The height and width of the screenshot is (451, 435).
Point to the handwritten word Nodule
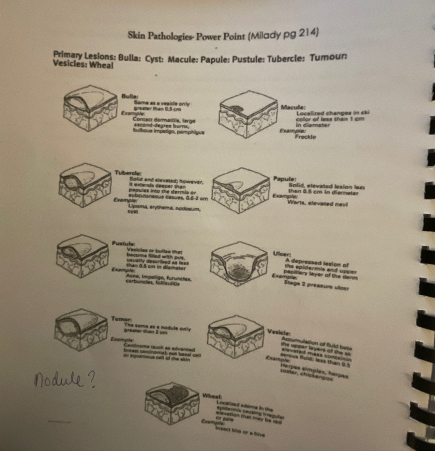[x=57, y=380]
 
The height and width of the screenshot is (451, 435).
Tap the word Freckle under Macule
[x=305, y=137]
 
